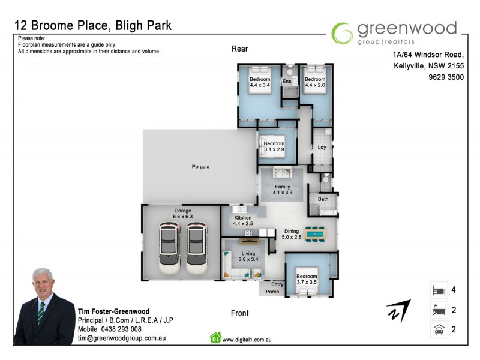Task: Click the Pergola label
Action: (x=200, y=166)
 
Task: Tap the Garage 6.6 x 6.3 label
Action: (x=182, y=214)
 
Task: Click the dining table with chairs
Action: (x=315, y=234)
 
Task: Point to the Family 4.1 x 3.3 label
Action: (x=281, y=190)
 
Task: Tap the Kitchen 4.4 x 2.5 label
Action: (x=242, y=220)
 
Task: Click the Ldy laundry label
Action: (x=322, y=147)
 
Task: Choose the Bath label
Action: (x=323, y=199)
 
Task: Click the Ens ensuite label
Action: (x=287, y=81)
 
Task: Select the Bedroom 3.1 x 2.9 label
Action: (x=274, y=147)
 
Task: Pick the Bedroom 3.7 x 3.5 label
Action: (x=307, y=280)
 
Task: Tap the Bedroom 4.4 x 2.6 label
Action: (x=314, y=82)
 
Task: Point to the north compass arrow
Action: (x=398, y=310)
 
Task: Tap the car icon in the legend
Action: (x=437, y=329)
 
